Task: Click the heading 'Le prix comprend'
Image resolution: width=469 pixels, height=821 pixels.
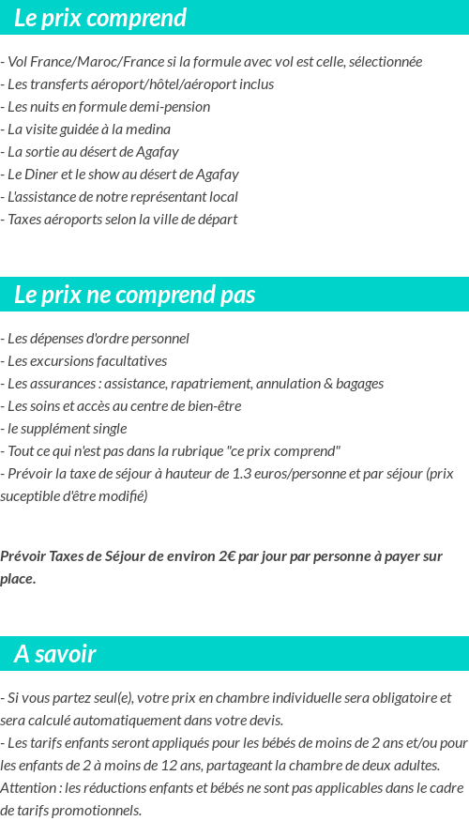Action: (100, 18)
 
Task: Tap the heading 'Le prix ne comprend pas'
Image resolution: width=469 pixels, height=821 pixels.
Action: (135, 295)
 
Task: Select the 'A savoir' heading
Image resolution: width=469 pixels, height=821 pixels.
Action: (55, 654)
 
